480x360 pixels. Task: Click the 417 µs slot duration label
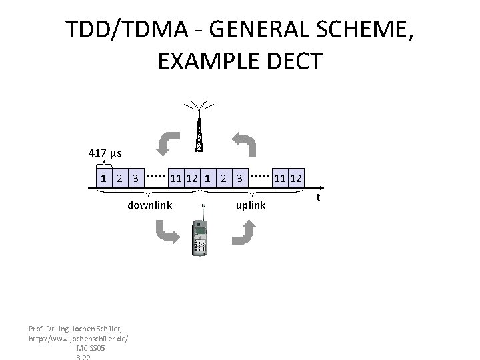point(105,153)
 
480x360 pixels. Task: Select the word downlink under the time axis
point(149,205)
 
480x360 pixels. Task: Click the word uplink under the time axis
point(251,205)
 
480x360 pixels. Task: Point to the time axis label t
point(319,197)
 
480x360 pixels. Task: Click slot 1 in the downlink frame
point(103,178)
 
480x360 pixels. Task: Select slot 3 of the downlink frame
point(135,178)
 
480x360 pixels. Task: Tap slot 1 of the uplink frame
point(209,178)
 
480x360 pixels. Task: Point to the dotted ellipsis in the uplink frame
point(261,177)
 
